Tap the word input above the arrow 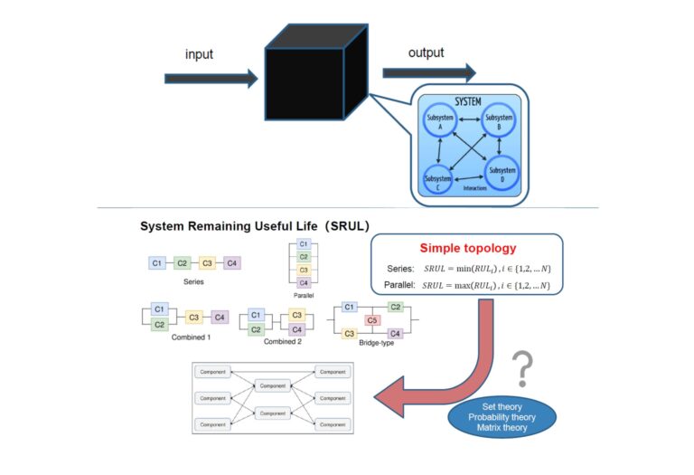(x=200, y=54)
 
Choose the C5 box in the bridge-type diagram (x=371, y=319)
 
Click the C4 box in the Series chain (x=231, y=263)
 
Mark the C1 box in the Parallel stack (x=304, y=244)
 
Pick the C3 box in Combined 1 (x=193, y=318)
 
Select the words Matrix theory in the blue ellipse (x=502, y=428)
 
